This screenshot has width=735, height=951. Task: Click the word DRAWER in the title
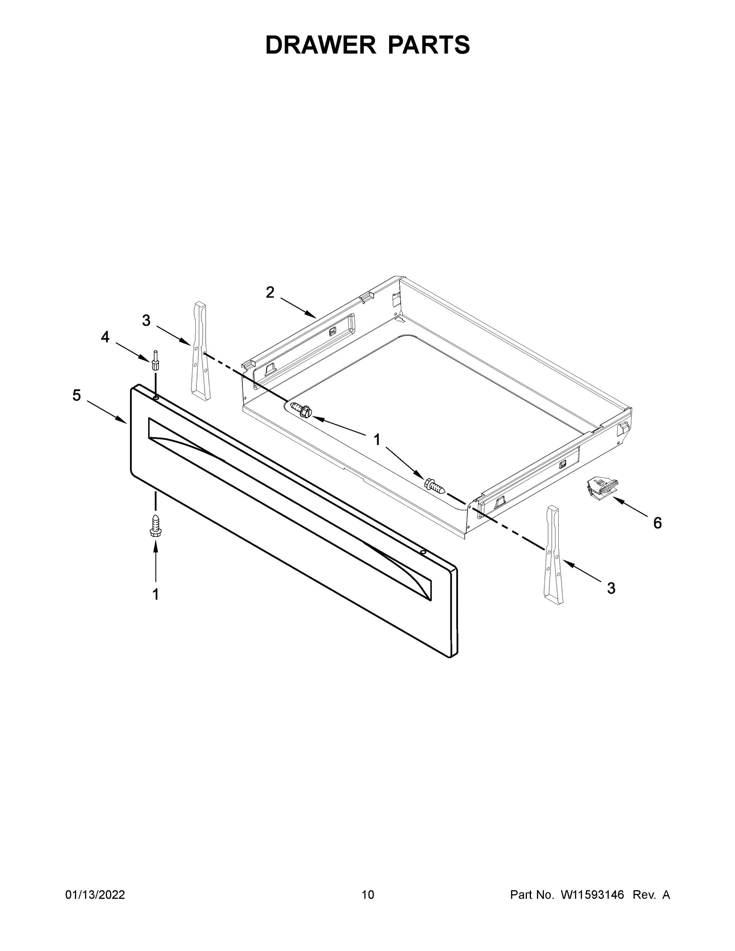320,45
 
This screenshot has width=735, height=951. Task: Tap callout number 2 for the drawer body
270,292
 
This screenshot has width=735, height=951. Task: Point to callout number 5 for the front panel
76,395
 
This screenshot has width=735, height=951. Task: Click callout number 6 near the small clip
657,523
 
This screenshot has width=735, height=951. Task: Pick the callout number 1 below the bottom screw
155,594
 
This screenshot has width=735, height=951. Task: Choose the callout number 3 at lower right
611,588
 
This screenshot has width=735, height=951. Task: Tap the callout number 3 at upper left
146,321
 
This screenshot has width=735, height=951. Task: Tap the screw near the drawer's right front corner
435,485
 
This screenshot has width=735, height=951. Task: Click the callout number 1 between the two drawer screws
377,440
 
